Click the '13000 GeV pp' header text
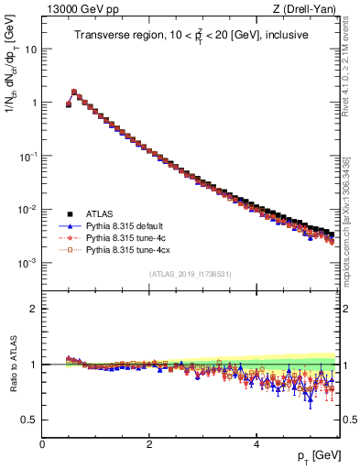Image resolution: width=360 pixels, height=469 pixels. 76,10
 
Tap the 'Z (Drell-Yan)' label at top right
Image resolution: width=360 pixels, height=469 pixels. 310,10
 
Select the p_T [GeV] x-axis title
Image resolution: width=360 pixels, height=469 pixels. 320,456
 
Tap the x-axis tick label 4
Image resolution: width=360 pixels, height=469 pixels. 256,443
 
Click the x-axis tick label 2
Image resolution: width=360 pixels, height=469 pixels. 149,443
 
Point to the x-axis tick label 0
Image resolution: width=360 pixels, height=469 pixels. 43,443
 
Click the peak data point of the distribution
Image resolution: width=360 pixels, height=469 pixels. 74,92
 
